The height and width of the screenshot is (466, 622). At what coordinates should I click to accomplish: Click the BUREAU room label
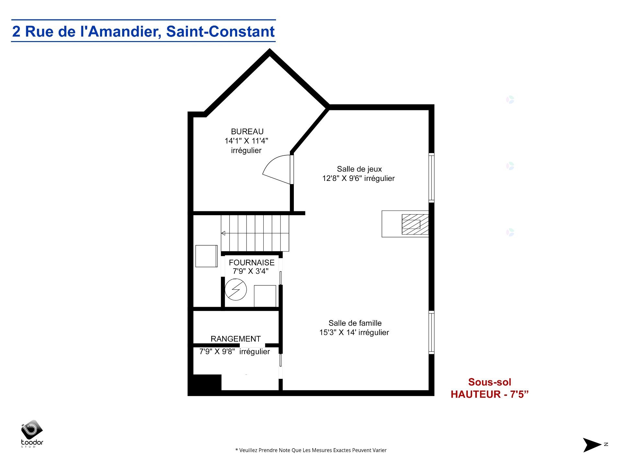coord(247,131)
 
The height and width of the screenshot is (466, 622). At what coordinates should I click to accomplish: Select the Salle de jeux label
coord(359,169)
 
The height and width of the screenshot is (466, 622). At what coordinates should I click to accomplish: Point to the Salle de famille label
coord(355,323)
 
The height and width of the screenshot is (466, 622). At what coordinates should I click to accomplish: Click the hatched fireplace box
coord(415,224)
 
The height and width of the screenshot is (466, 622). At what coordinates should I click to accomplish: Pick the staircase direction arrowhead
coord(223,233)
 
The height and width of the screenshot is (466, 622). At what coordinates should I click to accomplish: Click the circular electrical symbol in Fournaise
coord(236,289)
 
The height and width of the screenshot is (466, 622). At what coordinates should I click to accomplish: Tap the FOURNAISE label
coord(251,262)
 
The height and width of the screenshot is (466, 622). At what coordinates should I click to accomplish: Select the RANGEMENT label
coord(236,339)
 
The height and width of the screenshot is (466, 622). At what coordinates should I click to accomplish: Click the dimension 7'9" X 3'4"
coord(250,271)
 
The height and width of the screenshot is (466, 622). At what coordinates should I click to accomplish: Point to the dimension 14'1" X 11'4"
coord(247,141)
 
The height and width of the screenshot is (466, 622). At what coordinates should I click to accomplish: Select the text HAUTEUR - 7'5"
coord(490,394)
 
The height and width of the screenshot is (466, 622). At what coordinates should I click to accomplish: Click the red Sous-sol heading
coord(490,382)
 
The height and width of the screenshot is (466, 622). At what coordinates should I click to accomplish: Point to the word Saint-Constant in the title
coord(220,31)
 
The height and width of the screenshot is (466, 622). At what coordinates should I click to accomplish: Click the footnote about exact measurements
coord(311,450)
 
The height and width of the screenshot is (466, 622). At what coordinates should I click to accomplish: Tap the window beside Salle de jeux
coord(432,178)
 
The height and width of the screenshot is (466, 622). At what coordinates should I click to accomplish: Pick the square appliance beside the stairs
coord(206,256)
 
